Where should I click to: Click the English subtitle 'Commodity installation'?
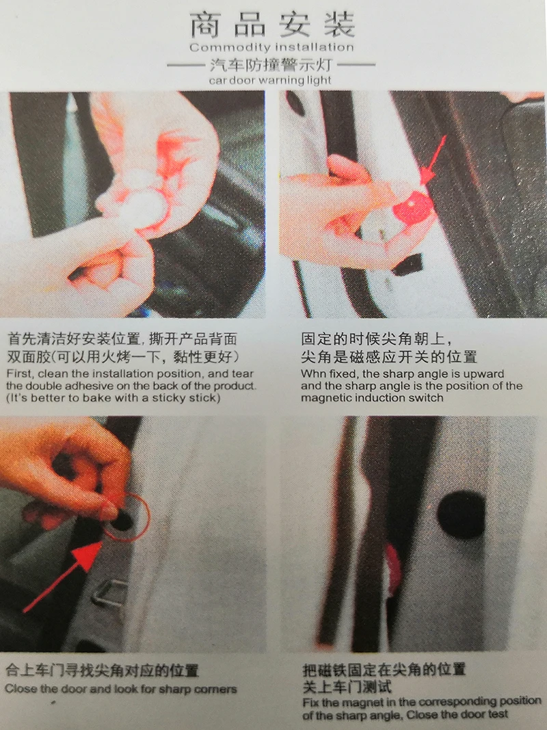point(271,48)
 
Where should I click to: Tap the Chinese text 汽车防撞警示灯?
point(271,66)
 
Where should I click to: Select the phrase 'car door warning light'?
point(271,80)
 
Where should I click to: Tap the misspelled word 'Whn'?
point(313,374)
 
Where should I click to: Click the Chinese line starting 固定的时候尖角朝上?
point(377,339)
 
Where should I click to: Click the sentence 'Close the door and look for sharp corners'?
point(121,690)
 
